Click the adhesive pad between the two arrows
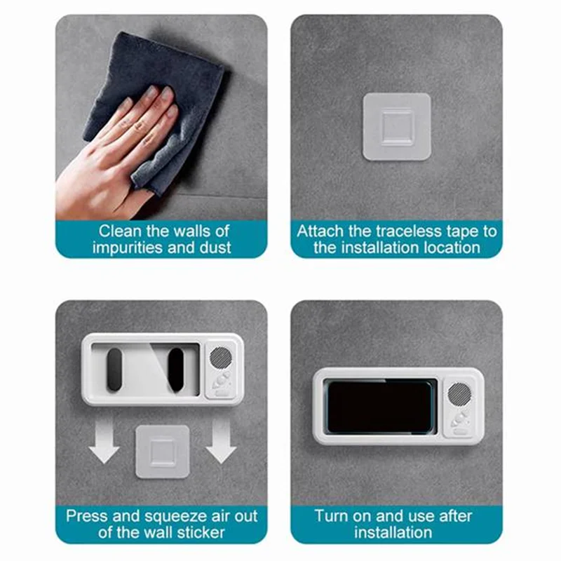click(x=163, y=452)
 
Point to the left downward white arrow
click(x=105, y=446)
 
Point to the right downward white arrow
click(x=221, y=446)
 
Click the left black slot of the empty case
click(x=111, y=370)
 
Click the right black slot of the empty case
click(x=175, y=370)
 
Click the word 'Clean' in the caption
click(x=118, y=231)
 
